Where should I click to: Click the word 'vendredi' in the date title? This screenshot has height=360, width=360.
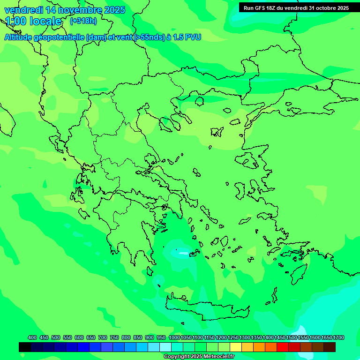[x=23, y=10]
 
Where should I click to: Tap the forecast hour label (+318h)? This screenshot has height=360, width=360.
[x=83, y=21]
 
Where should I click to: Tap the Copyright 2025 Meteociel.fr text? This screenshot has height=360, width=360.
[x=199, y=357]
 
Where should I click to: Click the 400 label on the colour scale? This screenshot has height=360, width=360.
[x=32, y=337]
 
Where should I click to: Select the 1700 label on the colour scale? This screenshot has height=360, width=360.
[x=338, y=337]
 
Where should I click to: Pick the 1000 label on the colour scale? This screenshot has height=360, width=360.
[x=174, y=337]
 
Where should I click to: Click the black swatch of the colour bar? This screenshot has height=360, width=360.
[x=25, y=347]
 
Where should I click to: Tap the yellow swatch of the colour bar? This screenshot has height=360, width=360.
[x=236, y=347]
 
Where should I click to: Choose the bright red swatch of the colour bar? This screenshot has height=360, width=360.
[x=283, y=347]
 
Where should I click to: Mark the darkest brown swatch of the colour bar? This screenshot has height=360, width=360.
[x=330, y=347]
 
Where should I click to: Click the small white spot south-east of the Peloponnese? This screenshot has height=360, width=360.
[x=176, y=251]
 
